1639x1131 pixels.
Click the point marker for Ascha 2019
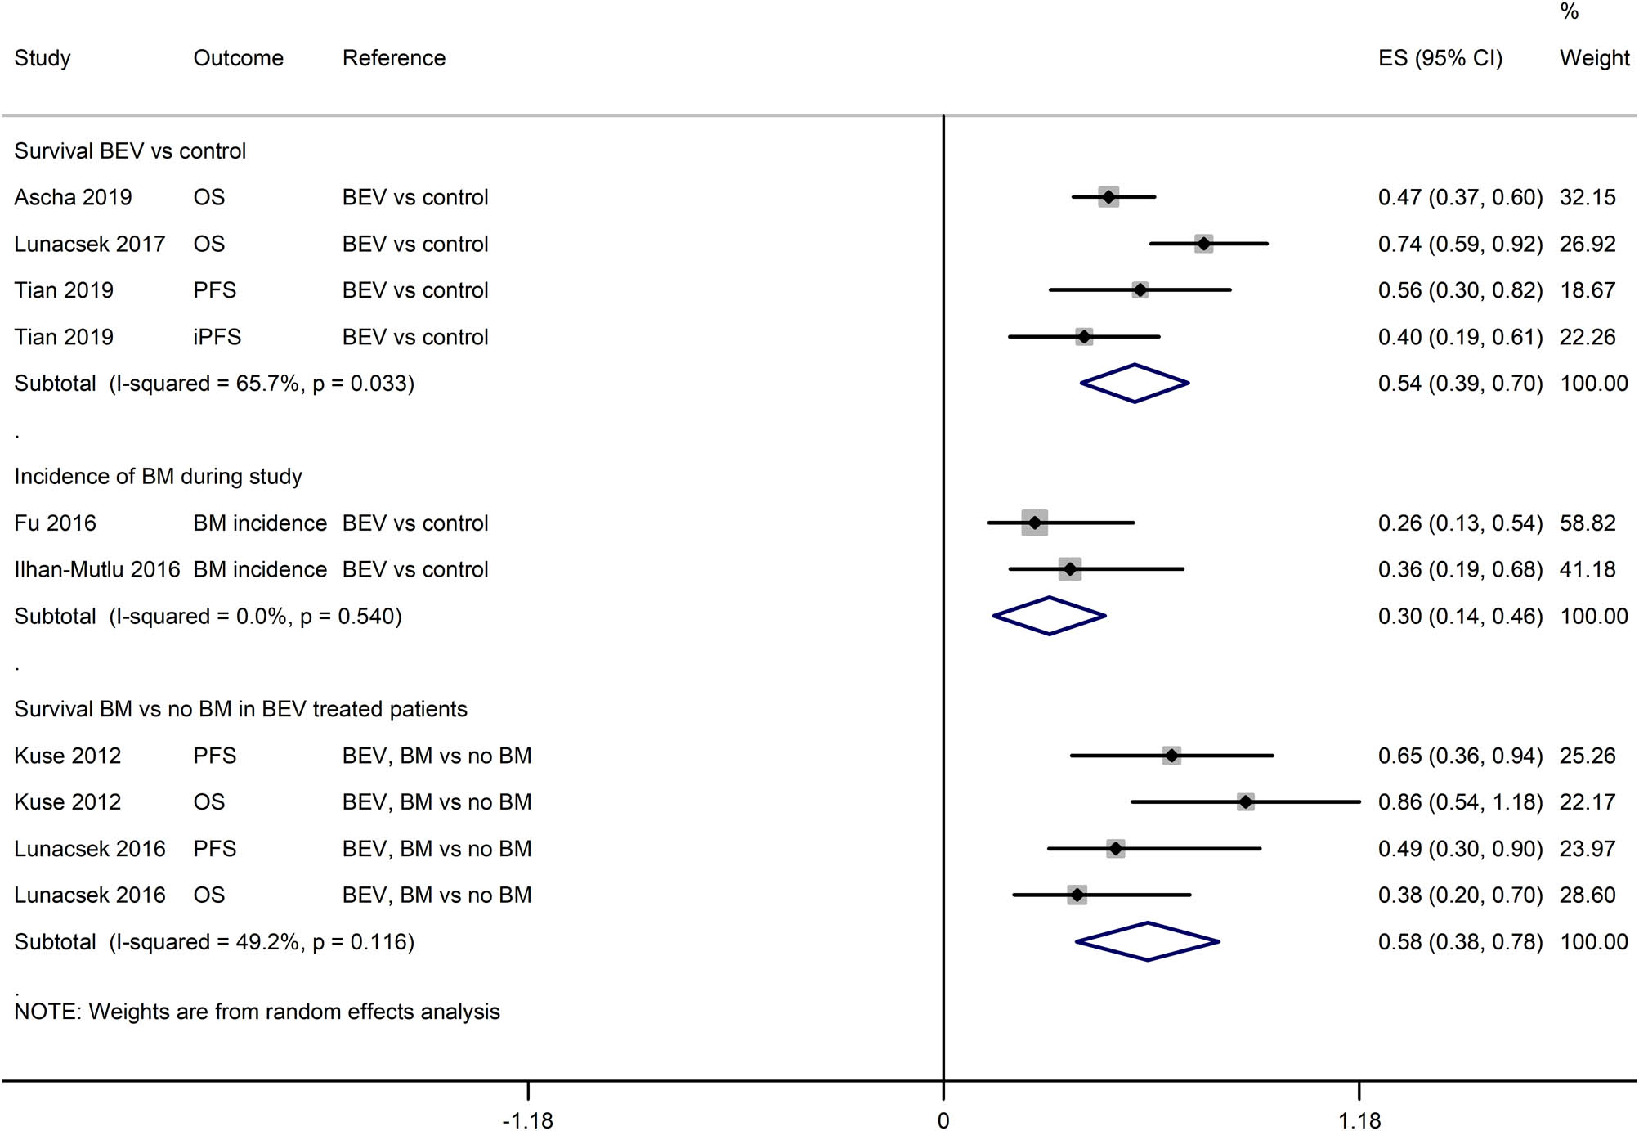click(1108, 197)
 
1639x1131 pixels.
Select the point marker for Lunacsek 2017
click(1203, 244)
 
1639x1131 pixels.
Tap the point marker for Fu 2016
click(1035, 523)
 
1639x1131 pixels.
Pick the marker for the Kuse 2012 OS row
click(1245, 802)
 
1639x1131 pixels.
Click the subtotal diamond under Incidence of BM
click(1050, 616)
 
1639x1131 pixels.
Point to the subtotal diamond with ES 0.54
click(1135, 383)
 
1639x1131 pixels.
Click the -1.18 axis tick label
click(527, 1120)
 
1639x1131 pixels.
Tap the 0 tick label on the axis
click(943, 1120)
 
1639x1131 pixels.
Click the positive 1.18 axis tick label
click(1359, 1120)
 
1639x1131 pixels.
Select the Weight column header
click(1594, 58)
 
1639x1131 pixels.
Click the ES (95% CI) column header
click(1440, 58)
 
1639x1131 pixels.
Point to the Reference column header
click(394, 58)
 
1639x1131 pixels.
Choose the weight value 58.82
click(1588, 523)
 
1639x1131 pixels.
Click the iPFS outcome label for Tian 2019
click(217, 337)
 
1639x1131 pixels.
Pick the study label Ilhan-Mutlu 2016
click(97, 569)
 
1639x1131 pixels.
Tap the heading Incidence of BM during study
click(158, 476)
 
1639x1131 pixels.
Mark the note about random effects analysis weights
click(257, 1012)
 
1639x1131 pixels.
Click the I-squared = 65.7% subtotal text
click(214, 384)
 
